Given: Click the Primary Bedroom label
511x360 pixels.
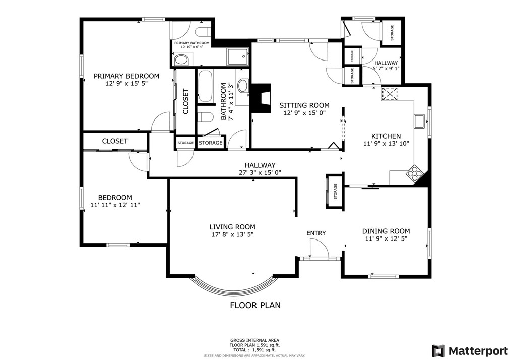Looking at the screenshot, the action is (x=126, y=76).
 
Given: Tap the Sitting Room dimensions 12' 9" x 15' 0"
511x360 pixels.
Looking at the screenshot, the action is (x=304, y=113).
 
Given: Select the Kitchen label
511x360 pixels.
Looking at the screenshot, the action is (x=386, y=136).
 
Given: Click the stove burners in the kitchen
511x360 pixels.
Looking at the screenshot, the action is (x=414, y=173).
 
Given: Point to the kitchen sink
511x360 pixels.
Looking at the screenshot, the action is (x=419, y=122).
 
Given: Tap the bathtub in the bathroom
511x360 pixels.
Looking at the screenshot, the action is (x=205, y=86).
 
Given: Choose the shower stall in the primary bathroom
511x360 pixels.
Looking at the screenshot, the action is (x=238, y=57).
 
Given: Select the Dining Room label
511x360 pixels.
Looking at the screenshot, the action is (x=386, y=231).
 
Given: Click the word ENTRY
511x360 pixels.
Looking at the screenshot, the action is (x=316, y=233).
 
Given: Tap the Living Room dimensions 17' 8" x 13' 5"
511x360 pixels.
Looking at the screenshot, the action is (x=232, y=234).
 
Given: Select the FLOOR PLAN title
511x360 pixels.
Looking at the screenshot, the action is (x=255, y=305).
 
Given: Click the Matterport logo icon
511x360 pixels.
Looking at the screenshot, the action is (x=438, y=351).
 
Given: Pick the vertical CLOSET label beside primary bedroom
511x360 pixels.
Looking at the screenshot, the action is (x=186, y=102).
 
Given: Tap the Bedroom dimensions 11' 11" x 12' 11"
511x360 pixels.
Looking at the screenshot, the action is (x=115, y=205).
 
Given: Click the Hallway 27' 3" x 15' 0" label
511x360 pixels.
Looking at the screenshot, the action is (x=260, y=169).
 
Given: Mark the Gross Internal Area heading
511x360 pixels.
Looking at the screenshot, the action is (x=255, y=340).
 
